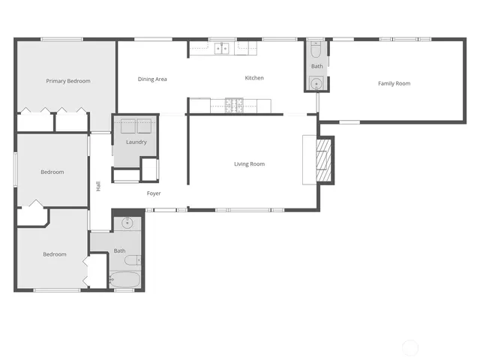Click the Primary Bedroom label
68,81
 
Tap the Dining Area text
152,79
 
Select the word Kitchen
254,78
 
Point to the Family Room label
394,83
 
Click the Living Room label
249,164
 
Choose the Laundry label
136,142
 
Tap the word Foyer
153,193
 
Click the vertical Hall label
98,186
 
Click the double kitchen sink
223,49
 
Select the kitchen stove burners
235,103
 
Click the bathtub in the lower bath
124,280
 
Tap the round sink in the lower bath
127,223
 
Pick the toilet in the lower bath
133,261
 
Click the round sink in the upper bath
316,83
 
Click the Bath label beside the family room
316,67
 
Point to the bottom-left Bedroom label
55,254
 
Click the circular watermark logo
410,347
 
